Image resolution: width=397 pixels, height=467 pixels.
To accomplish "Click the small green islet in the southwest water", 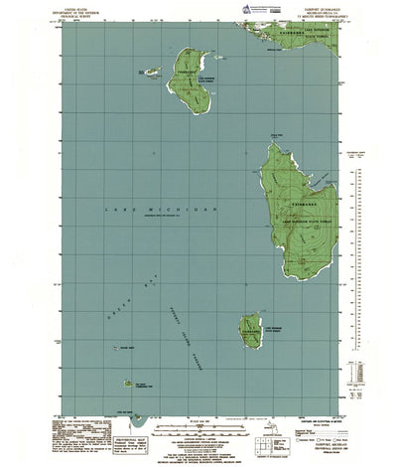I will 128,383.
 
